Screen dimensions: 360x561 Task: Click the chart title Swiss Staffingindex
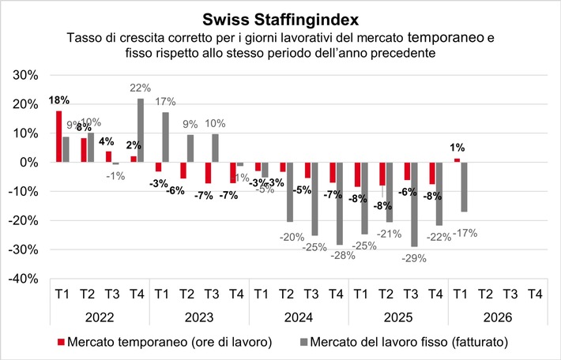coord(281,17)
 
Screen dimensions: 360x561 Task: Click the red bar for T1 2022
coord(58,136)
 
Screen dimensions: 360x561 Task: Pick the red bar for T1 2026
coord(457,160)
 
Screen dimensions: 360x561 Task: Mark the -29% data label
coord(413,257)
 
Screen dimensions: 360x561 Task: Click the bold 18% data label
coord(59,100)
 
